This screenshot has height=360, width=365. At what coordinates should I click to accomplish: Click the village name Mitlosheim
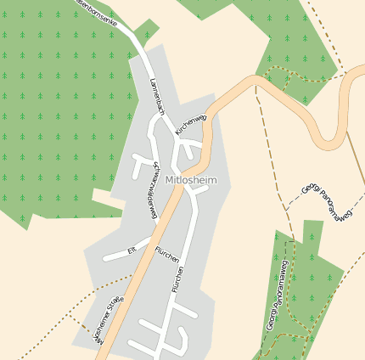pos(192,180)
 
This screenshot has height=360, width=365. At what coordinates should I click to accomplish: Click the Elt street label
pos(132,250)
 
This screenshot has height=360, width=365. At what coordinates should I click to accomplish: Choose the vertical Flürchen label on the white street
pos(177,281)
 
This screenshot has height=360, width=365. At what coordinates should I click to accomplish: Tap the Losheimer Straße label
pos(108,319)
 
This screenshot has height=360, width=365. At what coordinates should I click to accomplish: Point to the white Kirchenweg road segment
pos(194,145)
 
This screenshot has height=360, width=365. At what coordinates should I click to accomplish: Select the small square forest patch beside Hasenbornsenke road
pos(146,30)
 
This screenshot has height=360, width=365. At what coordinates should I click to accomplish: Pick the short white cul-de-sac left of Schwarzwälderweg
pos(138,166)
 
